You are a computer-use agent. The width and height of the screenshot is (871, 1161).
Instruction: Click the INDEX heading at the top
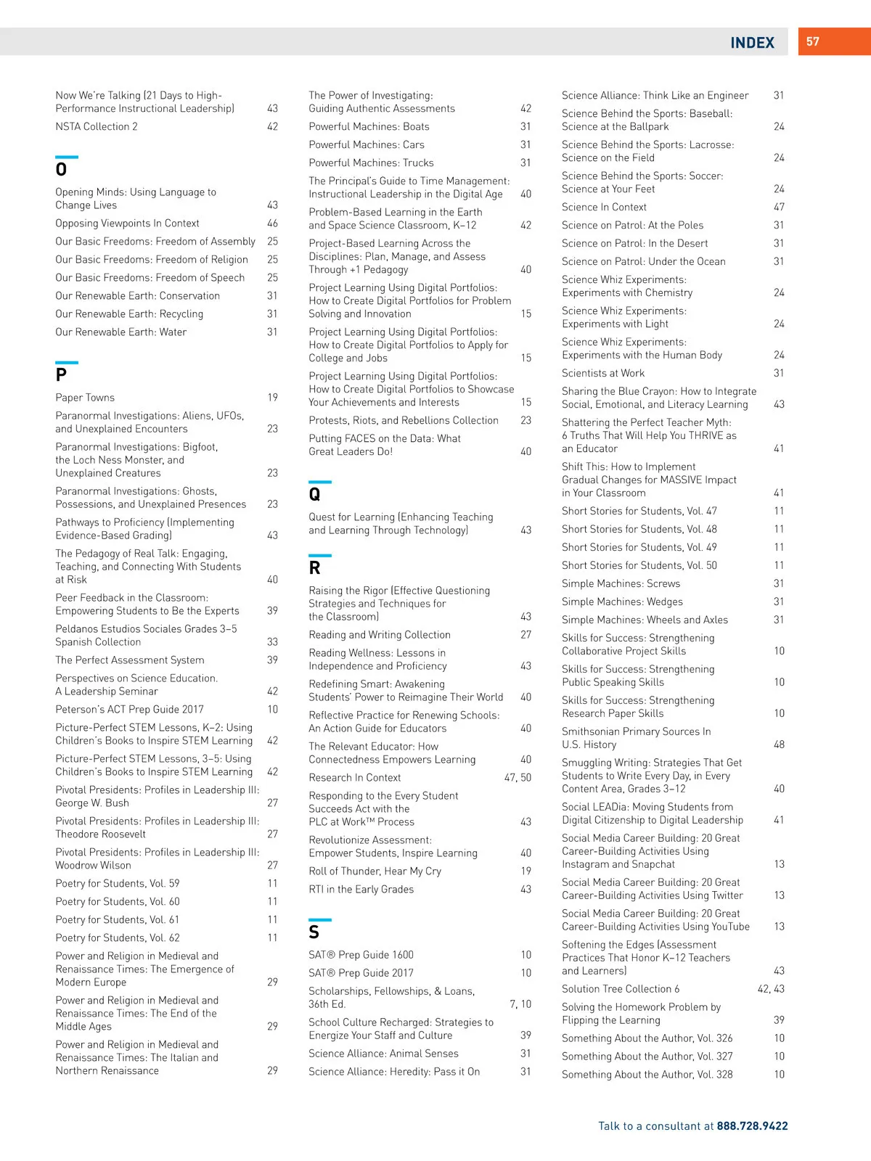click(752, 43)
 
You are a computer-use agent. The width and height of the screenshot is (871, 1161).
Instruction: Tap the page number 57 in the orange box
click(813, 42)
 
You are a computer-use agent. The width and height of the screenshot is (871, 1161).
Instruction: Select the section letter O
click(61, 170)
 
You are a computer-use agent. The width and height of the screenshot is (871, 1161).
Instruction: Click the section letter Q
click(314, 494)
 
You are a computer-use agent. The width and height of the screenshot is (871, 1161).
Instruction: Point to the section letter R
click(314, 568)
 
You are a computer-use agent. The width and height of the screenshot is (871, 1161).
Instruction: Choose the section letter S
click(314, 932)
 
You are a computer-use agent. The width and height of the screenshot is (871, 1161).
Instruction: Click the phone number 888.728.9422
click(752, 1126)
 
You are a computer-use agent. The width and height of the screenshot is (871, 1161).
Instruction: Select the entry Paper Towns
click(85, 398)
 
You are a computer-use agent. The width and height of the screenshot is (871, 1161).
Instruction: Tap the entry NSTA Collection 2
click(97, 126)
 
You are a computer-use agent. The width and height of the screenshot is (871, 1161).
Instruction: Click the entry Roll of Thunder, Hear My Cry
click(375, 871)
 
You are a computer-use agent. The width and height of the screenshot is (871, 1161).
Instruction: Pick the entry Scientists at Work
click(603, 373)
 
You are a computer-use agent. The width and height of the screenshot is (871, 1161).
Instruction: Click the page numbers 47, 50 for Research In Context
click(518, 778)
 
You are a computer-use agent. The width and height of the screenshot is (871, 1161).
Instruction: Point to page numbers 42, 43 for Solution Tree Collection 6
click(771, 989)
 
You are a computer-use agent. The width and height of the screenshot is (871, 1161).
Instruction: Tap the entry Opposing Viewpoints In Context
click(127, 223)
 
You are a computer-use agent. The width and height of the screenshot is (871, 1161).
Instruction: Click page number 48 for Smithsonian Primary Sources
click(779, 744)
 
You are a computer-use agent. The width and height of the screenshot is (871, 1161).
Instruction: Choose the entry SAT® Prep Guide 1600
click(361, 955)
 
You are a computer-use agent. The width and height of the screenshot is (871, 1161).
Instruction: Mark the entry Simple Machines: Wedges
click(622, 602)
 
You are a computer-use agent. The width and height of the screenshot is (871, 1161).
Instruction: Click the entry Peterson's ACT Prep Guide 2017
click(129, 710)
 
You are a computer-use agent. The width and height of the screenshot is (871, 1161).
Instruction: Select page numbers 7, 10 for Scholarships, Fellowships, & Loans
click(520, 1004)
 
